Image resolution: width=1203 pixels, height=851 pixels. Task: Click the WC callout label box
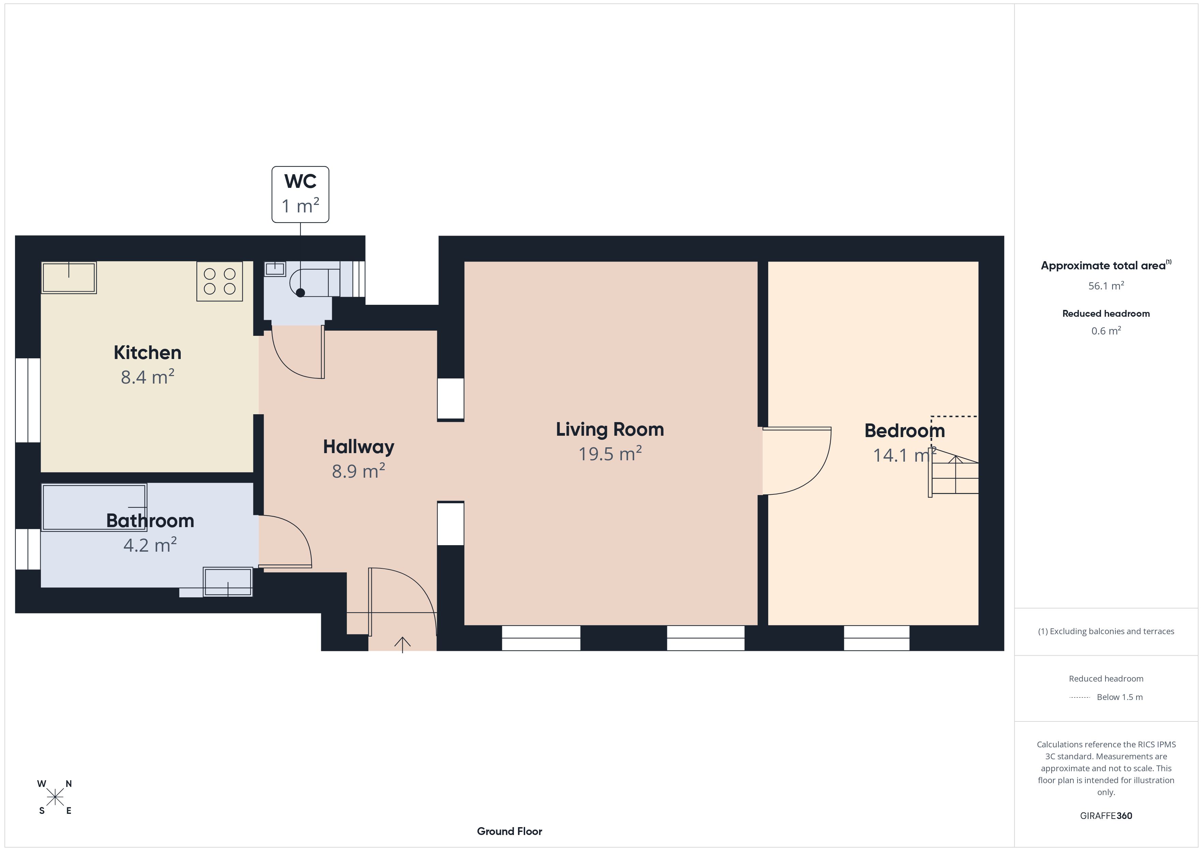[x=300, y=194]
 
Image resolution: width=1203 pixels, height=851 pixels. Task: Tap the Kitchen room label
[x=148, y=353]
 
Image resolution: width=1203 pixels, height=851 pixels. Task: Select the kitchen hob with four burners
[x=220, y=281]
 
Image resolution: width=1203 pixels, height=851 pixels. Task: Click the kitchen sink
[x=69, y=277]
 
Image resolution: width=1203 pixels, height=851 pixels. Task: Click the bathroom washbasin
[x=228, y=582]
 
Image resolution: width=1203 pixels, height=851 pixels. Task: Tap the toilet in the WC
[x=314, y=283]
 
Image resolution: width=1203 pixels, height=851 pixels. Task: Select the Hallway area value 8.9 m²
[x=358, y=471]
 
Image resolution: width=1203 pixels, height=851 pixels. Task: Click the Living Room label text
[x=610, y=429]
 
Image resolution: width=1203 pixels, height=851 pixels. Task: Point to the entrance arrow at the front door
[x=402, y=644]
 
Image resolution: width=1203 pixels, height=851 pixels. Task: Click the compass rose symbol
[x=55, y=797]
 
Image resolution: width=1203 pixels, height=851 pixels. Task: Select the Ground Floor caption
[x=509, y=831]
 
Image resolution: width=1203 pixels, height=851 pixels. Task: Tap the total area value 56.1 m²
[x=1106, y=286]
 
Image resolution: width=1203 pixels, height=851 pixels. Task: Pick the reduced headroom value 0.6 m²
[x=1106, y=331]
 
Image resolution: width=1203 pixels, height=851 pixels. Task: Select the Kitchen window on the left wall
[x=28, y=400]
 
